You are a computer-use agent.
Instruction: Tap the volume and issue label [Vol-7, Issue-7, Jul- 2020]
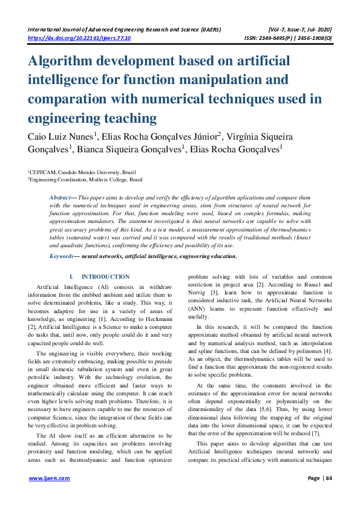pyautogui.click(x=299, y=28)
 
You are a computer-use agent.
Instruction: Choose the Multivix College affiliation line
pyautogui.click(x=85, y=180)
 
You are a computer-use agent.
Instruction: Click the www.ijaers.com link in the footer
pyautogui.click(x=50, y=478)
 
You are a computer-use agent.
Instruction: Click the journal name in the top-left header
pyautogui.click(x=124, y=28)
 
